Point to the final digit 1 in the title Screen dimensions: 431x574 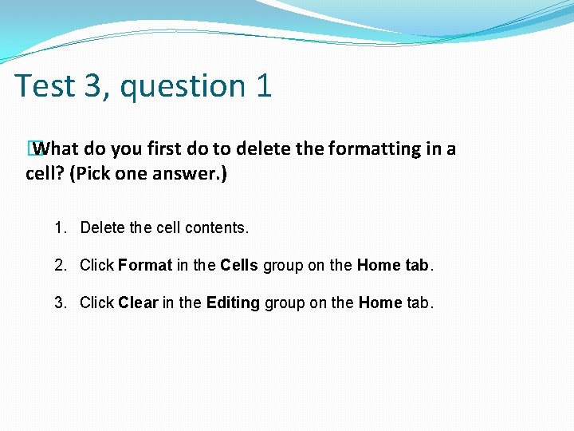coord(264,86)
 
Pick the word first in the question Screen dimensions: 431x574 coord(163,148)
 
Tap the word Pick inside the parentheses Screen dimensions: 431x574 coord(90,174)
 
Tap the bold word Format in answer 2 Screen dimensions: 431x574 coord(145,266)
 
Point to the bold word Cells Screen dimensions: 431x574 coord(239,266)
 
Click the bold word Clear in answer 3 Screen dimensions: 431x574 coord(139,303)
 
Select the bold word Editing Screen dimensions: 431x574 coord(233,303)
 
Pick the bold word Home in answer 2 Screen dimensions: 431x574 coord(379,266)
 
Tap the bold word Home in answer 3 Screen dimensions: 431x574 coord(380,303)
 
